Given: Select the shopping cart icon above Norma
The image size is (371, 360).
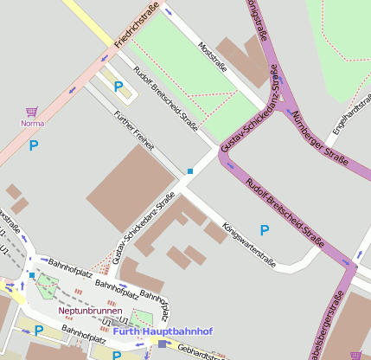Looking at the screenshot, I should [x=32, y=112].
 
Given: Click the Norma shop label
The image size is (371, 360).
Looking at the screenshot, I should [x=32, y=123].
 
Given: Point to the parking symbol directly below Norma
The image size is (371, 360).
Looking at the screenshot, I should [x=35, y=145].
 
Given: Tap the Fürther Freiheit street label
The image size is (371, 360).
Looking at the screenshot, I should [x=137, y=133].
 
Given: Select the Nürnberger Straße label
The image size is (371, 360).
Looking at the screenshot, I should [x=319, y=138].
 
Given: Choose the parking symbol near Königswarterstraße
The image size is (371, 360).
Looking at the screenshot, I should [x=265, y=229].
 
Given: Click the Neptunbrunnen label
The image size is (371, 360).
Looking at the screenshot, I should [x=90, y=310].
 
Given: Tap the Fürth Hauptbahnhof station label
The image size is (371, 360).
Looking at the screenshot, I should [x=151, y=331].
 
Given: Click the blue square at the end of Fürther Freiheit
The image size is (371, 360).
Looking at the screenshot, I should [x=190, y=171].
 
